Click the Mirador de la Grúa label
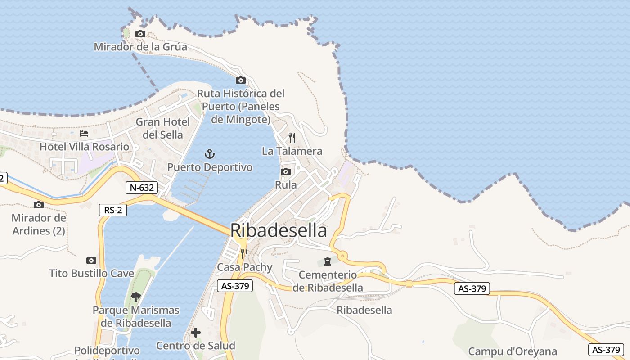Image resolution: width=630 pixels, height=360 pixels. [140, 47]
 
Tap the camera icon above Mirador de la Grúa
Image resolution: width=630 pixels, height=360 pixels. [140, 34]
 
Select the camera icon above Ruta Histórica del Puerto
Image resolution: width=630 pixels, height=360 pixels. [241, 81]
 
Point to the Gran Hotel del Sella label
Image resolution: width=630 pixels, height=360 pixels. [163, 128]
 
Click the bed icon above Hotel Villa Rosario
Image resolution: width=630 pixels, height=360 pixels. [84, 134]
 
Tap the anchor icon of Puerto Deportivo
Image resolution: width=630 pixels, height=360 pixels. [209, 154]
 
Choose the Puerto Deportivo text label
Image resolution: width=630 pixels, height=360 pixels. [210, 167]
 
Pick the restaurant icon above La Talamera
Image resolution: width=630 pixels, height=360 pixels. [292, 138]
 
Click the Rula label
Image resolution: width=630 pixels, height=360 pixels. [286, 185]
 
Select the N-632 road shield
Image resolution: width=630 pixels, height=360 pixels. [141, 188]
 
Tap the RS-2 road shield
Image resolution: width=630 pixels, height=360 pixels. [113, 210]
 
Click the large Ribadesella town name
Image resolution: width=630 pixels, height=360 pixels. [279, 230]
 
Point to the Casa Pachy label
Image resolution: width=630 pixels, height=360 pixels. [245, 267]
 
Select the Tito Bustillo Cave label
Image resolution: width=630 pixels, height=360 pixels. [92, 273]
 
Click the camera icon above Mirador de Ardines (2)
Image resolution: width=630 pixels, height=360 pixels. [39, 205]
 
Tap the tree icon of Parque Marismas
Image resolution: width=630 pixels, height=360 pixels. [135, 297]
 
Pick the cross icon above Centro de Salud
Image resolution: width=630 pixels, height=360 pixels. [196, 333]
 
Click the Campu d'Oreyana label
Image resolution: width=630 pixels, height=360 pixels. [513, 351]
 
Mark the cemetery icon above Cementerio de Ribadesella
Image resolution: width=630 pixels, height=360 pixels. [327, 261]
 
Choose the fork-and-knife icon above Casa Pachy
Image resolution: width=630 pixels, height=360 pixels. [244, 254]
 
